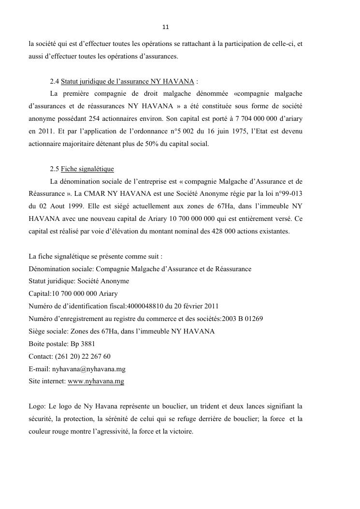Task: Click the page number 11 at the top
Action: coord(165,27)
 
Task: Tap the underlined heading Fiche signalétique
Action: coord(87,169)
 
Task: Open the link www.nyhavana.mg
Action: coord(96,381)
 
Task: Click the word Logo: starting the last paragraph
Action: coord(37,406)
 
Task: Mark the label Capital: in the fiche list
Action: coord(40,293)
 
